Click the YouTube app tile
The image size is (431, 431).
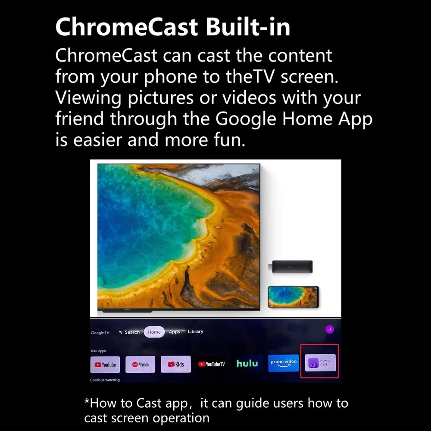[105, 365]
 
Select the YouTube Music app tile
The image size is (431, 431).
[140, 365]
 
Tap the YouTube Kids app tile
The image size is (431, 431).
[176, 364]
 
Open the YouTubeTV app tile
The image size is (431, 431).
[211, 364]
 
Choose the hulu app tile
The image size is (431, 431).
[247, 363]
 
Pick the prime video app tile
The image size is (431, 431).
[284, 363]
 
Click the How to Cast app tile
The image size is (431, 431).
[320, 362]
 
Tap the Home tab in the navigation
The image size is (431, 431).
[154, 332]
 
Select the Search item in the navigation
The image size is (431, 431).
[129, 332]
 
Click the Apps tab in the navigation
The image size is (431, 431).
[174, 332]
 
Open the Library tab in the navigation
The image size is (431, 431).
[195, 331]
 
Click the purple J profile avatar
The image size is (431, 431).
[330, 329]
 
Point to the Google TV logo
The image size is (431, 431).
[100, 333]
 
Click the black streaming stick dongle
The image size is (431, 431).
[290, 267]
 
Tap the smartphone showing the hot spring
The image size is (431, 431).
[294, 297]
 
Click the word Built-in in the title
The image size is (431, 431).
[248, 27]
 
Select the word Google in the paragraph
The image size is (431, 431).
[246, 119]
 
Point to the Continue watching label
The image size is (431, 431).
[105, 380]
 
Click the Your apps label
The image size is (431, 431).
[98, 351]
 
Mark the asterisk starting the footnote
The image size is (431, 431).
[87, 400]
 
